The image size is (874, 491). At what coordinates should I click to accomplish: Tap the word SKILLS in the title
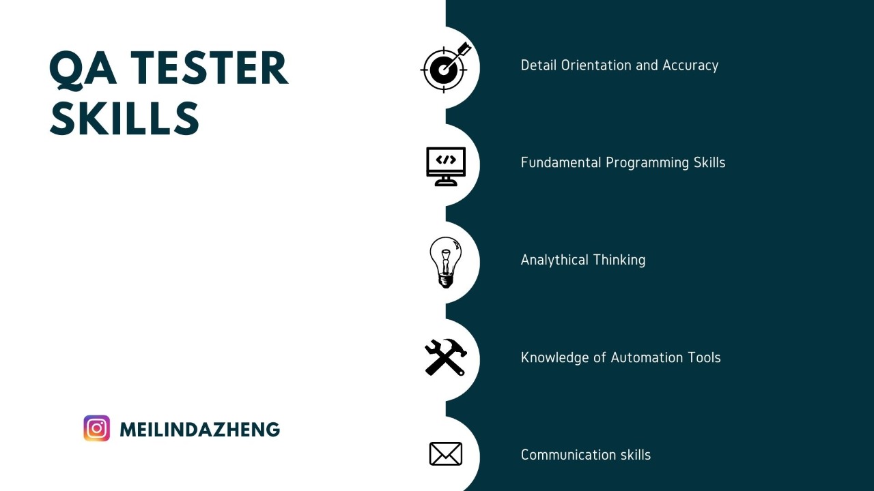click(x=124, y=117)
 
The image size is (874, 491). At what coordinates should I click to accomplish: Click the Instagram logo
click(x=97, y=428)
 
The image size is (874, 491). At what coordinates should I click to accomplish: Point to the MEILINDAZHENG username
click(x=199, y=430)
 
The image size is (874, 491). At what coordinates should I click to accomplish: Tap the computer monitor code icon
click(x=446, y=166)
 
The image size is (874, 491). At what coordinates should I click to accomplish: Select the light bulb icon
click(x=446, y=263)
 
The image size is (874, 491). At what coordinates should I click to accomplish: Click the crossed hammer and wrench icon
click(x=446, y=357)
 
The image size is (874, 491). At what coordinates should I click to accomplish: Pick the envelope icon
click(x=446, y=454)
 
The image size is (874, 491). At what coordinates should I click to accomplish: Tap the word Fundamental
click(x=561, y=162)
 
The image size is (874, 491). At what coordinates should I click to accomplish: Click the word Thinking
click(x=619, y=260)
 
